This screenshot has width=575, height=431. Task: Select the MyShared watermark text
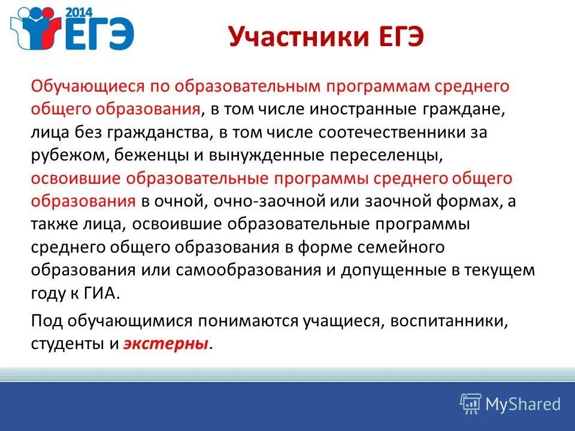tap(523, 404)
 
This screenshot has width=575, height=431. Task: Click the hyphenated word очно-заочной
tap(292, 202)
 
